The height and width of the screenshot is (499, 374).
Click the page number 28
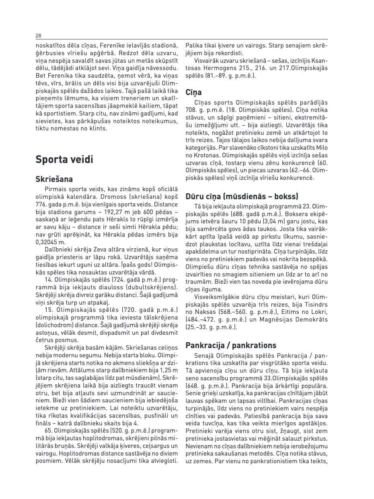38,36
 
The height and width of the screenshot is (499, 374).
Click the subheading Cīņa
193,93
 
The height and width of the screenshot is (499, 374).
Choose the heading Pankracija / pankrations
231,345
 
